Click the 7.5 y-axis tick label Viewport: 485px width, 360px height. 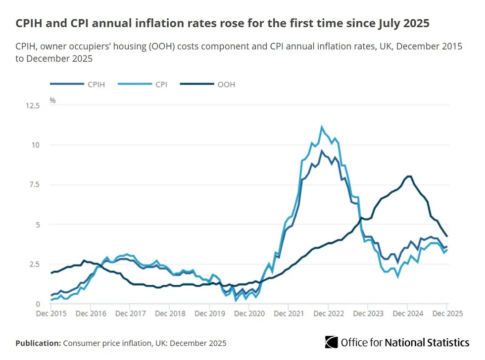click(34, 185)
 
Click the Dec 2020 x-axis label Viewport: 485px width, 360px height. click(249, 314)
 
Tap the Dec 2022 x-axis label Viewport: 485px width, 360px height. click(329, 314)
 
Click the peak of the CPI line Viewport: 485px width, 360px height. click(322, 127)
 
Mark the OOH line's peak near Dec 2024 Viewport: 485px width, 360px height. click(409, 176)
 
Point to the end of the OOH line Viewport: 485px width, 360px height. click(447, 236)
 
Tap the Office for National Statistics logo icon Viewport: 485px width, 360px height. click(331, 342)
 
